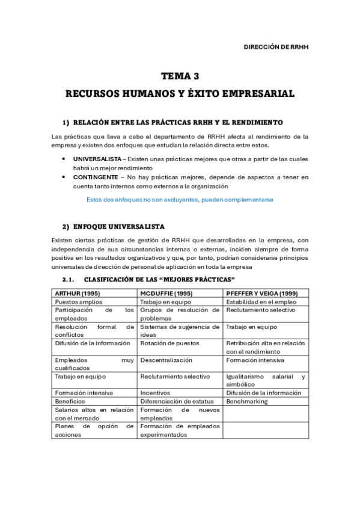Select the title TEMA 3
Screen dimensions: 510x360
tap(180, 76)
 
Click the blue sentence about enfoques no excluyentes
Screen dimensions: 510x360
tap(180, 199)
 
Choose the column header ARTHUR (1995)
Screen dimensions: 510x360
tap(76, 293)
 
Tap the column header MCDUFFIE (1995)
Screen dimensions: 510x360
tap(166, 293)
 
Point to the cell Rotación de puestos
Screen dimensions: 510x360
tap(166, 343)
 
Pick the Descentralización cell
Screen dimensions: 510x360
tap(166, 360)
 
